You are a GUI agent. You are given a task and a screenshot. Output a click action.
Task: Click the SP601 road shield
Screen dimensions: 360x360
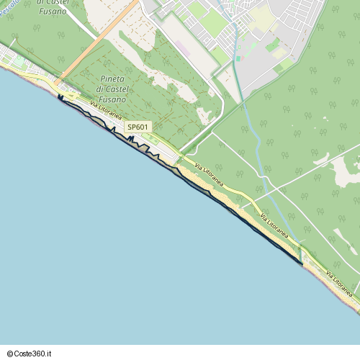[x=138, y=127]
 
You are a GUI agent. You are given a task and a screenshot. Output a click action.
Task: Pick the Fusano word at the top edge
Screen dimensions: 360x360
[x=51, y=12]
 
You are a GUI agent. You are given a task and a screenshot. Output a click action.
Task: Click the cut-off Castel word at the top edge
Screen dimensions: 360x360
[x=55, y=3]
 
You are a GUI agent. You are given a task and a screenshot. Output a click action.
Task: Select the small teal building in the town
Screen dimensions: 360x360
[x=238, y=58]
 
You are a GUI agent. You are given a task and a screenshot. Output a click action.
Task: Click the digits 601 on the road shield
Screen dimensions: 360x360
[x=143, y=127]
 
